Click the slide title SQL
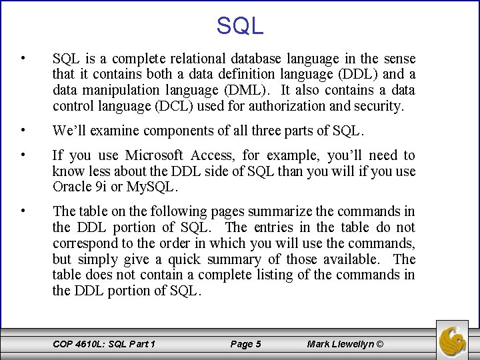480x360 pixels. click(x=240, y=25)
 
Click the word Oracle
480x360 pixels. click(x=71, y=187)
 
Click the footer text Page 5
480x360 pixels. click(x=245, y=344)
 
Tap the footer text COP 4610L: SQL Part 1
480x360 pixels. click(x=104, y=344)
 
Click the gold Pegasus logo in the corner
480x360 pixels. click(x=453, y=339)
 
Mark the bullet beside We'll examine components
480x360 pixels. click(x=23, y=129)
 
